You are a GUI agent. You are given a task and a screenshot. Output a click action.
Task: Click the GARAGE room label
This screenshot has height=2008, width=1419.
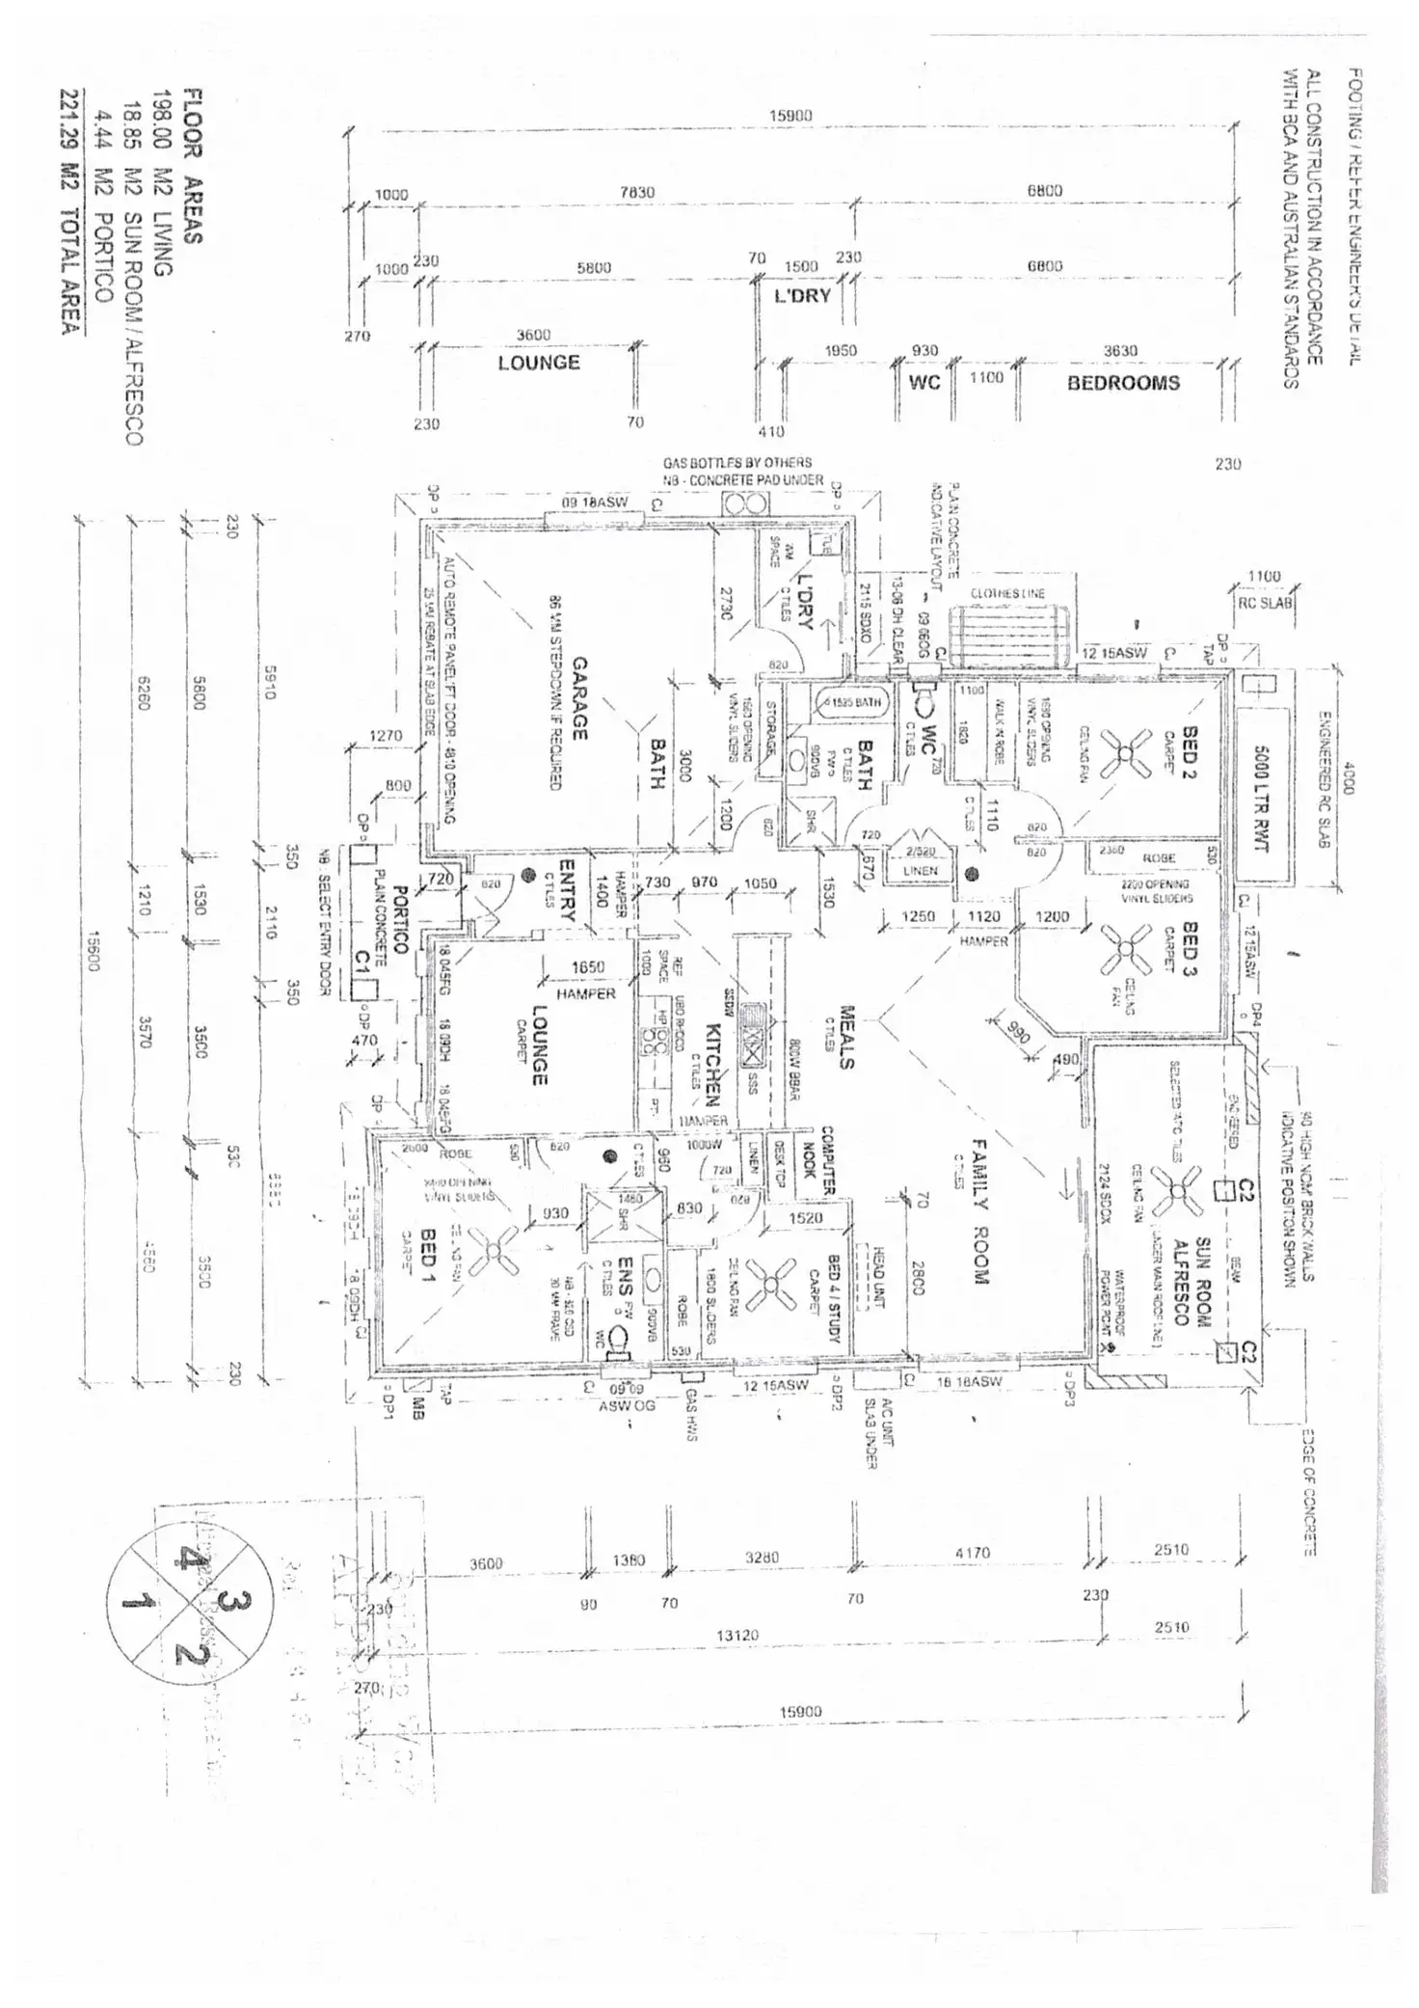pos(580,699)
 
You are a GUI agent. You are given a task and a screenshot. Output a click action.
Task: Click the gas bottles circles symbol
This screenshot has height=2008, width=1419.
pos(746,503)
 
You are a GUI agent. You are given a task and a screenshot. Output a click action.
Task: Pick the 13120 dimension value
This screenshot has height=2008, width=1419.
pos(738,1635)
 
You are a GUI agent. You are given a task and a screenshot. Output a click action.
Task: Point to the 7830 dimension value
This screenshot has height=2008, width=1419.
pos(637,192)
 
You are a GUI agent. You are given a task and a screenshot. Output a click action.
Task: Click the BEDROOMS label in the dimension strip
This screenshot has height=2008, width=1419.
pos(1123,383)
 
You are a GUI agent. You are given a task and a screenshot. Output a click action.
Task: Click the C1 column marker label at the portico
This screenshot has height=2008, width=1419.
pos(363,961)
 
